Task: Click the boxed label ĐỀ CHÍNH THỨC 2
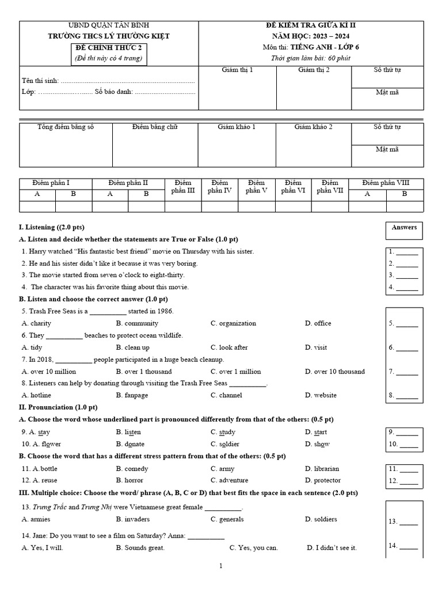(109, 48)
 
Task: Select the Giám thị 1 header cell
(237, 70)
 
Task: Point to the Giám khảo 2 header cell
(313, 126)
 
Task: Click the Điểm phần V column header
(256, 187)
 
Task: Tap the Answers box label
(404, 228)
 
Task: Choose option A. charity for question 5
(36, 323)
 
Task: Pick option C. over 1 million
(235, 372)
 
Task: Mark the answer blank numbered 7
(403, 372)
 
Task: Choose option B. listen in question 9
(128, 432)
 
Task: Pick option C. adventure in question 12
(229, 480)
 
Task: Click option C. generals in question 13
(227, 519)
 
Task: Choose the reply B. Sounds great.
(140, 548)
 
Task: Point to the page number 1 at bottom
(221, 566)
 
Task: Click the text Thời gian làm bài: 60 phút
(310, 58)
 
